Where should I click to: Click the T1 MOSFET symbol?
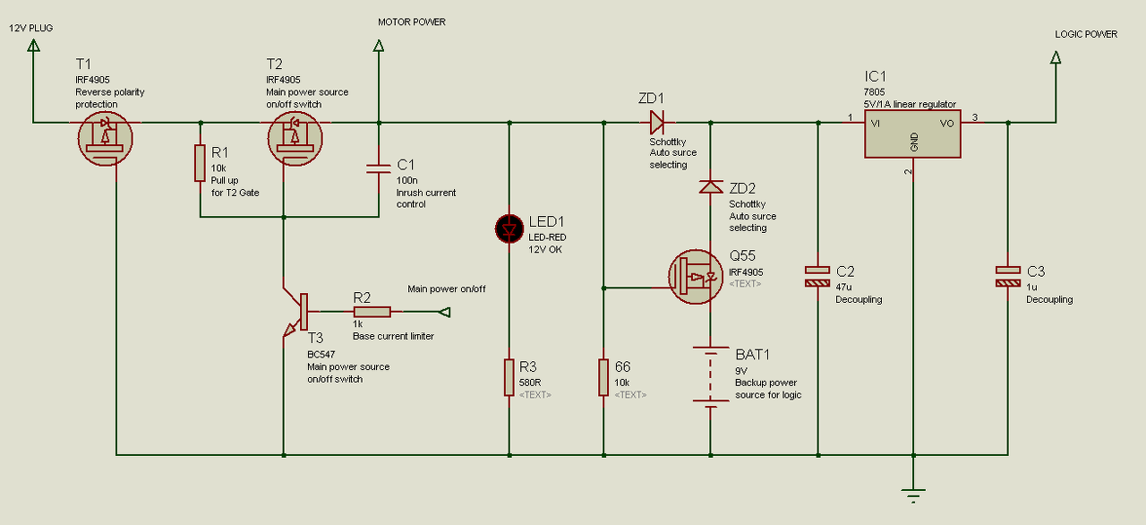click(106, 138)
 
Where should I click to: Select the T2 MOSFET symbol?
click(295, 138)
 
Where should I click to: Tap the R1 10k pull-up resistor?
click(200, 163)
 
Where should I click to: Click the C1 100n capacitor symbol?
click(379, 168)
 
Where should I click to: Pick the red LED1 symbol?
click(509, 228)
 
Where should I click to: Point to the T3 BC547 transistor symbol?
click(295, 311)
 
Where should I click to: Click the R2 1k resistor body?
click(372, 312)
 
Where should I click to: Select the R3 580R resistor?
click(509, 378)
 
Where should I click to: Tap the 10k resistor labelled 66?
click(603, 378)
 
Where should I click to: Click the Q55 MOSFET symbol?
click(696, 277)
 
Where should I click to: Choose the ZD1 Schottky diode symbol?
click(657, 123)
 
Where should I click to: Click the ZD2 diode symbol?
click(711, 186)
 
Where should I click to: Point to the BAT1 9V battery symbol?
click(711, 376)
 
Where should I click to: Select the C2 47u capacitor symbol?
click(817, 276)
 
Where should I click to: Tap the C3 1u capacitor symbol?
click(1008, 276)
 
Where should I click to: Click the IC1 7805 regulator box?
click(912, 134)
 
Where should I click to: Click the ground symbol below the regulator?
click(913, 495)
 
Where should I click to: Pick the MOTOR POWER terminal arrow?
click(379, 46)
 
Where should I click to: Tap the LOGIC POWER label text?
click(1086, 34)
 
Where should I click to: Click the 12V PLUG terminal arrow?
click(34, 46)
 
